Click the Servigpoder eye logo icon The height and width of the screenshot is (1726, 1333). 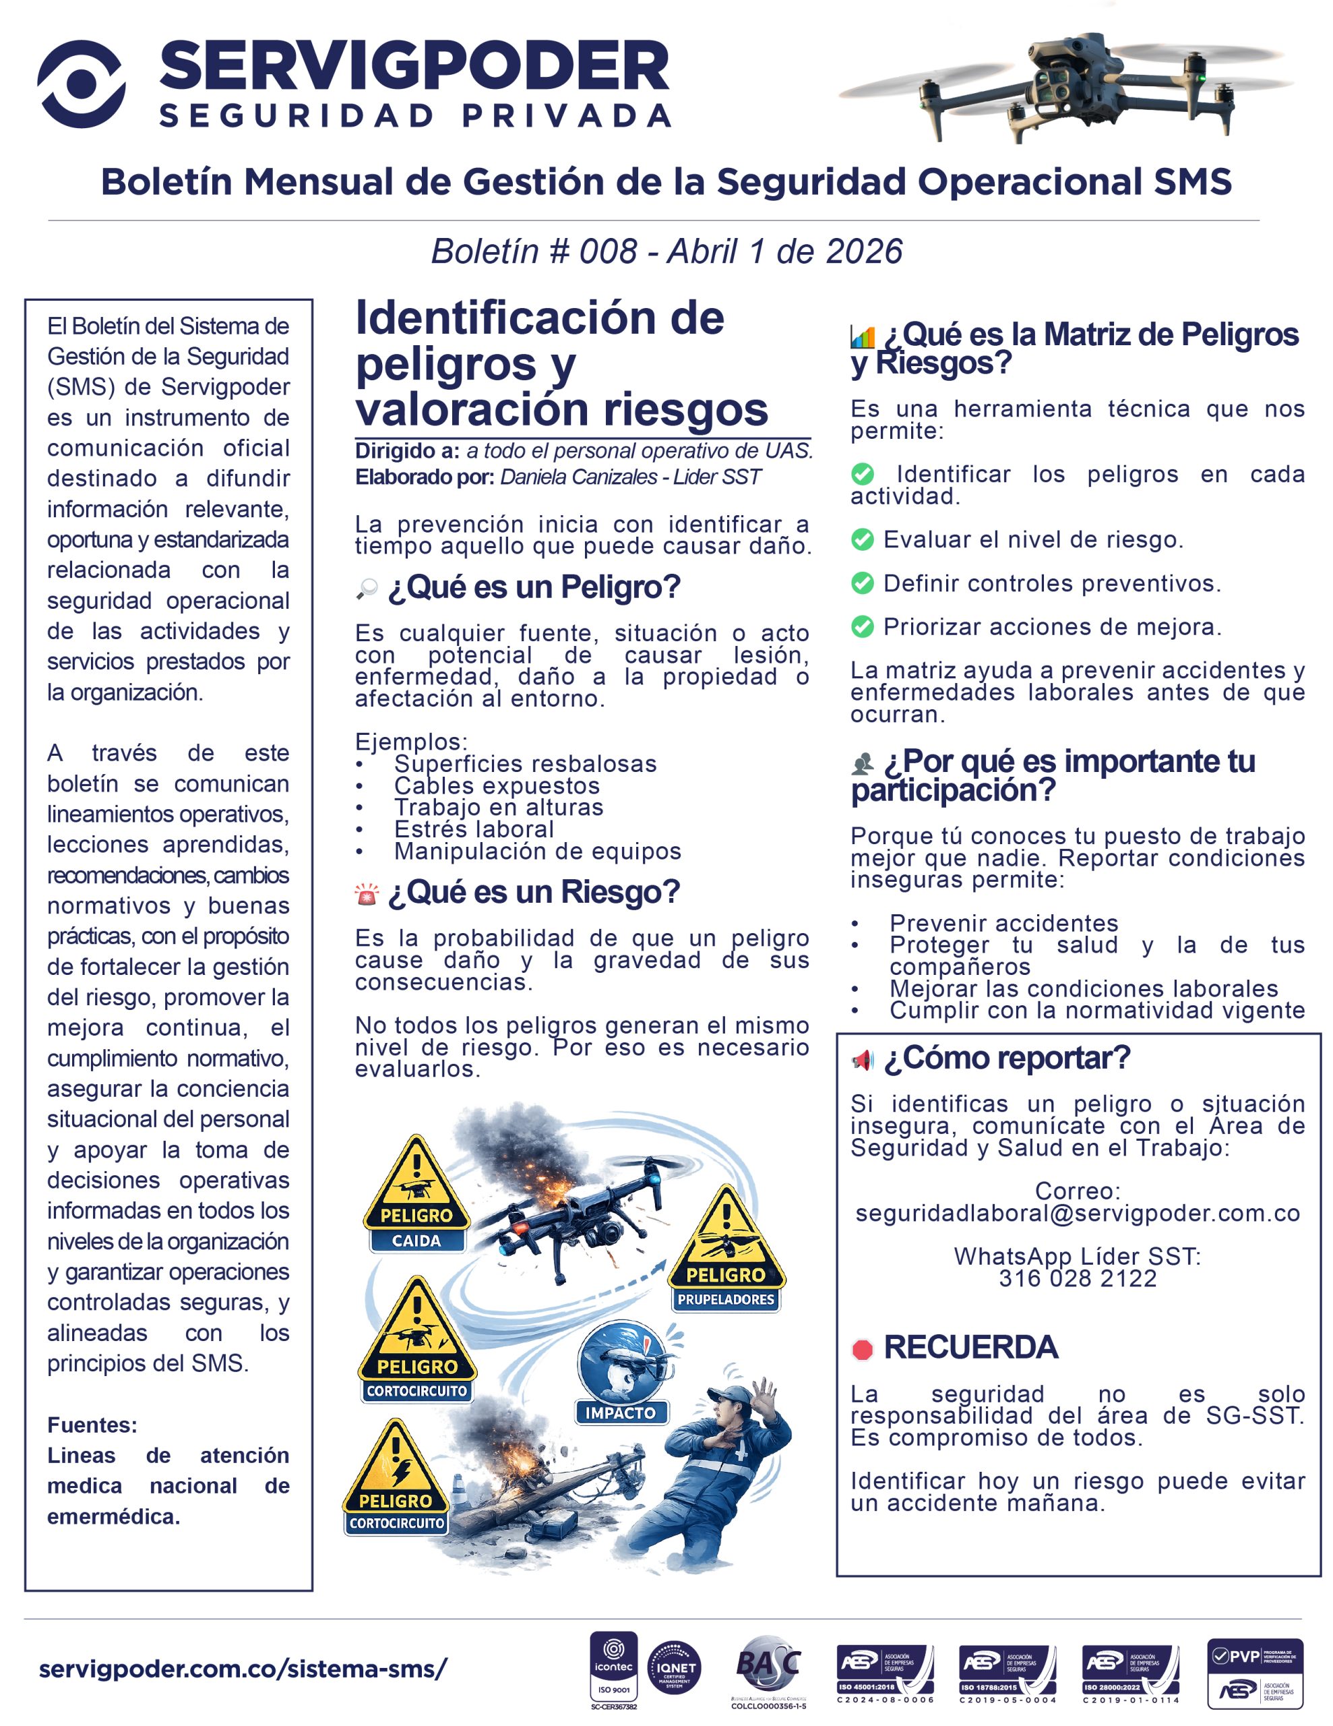[x=82, y=84]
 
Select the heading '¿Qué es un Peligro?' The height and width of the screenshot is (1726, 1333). [x=533, y=587]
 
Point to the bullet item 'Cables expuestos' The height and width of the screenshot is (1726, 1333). [x=497, y=785]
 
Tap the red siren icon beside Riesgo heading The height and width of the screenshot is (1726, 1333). [x=367, y=894]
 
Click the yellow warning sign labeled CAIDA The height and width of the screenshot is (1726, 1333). [x=416, y=1193]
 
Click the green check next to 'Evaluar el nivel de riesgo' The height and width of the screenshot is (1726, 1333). [x=862, y=540]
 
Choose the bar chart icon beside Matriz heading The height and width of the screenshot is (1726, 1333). [x=862, y=336]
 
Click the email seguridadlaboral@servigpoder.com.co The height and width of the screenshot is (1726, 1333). [x=1077, y=1213]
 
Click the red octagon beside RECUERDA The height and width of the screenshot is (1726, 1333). [x=862, y=1349]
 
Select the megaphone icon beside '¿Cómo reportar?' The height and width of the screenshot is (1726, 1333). [x=862, y=1060]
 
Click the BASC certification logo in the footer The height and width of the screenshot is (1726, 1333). [x=768, y=1665]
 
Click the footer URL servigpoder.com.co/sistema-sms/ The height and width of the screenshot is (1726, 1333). [x=243, y=1669]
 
